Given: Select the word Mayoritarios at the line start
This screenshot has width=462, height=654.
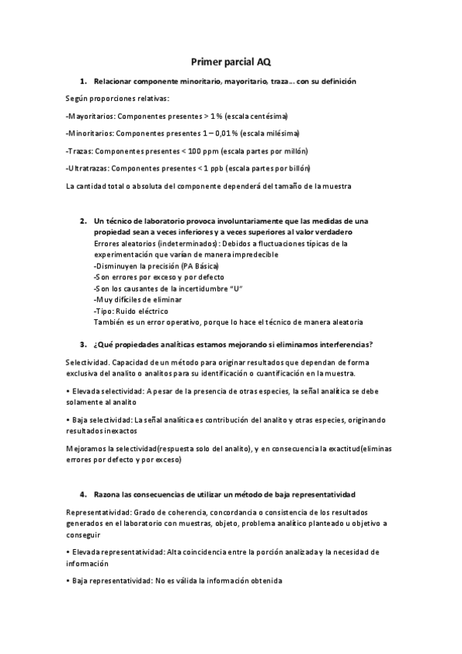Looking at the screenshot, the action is coord(91,116).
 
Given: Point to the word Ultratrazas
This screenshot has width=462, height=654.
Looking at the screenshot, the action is coord(92,168).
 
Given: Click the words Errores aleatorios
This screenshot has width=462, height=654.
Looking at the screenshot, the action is coord(121,243).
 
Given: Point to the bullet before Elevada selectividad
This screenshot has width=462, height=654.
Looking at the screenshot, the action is coord(68,391).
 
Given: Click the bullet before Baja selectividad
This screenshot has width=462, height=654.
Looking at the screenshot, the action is coord(68,420).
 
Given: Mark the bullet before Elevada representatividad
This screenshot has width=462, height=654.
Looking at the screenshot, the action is coord(68,552).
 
